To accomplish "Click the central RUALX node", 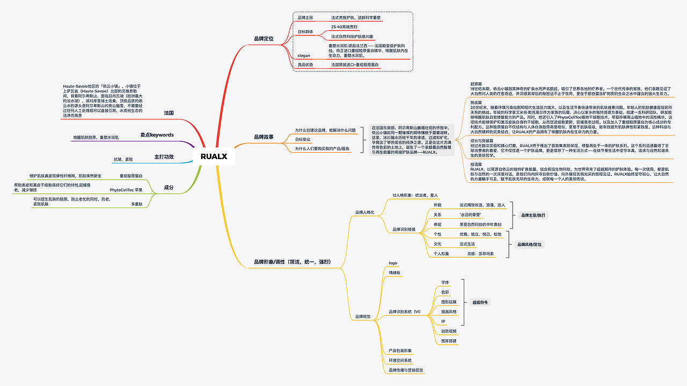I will pyautogui.click(x=214, y=156).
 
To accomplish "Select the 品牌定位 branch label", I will pyautogui.click(x=264, y=39).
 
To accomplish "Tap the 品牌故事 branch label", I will pyautogui.click(x=264, y=137).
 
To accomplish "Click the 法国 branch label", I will pyautogui.click(x=169, y=113).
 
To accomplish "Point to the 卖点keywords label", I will pyautogui.click(x=157, y=134).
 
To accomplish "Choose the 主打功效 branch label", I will pyautogui.click(x=164, y=156).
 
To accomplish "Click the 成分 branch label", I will pyautogui.click(x=169, y=187).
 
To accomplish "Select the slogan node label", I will pyautogui.click(x=304, y=55).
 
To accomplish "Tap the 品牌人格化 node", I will pyautogui.click(x=364, y=212).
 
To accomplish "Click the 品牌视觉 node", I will pyautogui.click(x=363, y=317).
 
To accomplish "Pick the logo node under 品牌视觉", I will pyautogui.click(x=393, y=263).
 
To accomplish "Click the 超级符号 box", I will pyautogui.click(x=480, y=303).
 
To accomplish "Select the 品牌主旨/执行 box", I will pyautogui.click(x=533, y=215).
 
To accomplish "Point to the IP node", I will pyautogui.click(x=443, y=321).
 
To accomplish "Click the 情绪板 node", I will pyautogui.click(x=394, y=273).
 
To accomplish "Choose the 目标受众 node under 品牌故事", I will pyautogui.click(x=303, y=139).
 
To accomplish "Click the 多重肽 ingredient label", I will pyautogui.click(x=136, y=204).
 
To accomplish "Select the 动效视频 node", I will pyautogui.click(x=448, y=331).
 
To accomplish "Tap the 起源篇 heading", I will pyautogui.click(x=476, y=84).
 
